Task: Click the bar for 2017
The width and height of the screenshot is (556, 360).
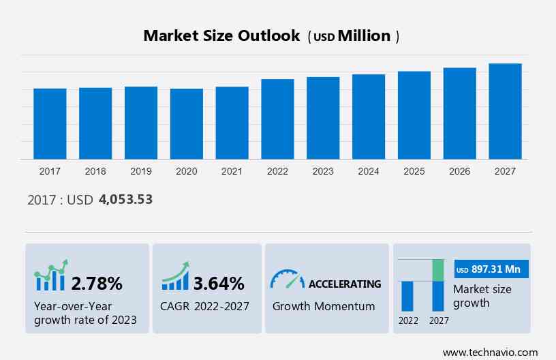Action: pos(50,123)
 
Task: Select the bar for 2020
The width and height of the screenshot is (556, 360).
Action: pos(187,123)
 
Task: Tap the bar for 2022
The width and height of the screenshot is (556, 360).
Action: pos(277,119)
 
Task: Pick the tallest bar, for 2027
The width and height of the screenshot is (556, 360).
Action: pos(505,111)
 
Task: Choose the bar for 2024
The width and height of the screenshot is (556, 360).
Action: pos(369,117)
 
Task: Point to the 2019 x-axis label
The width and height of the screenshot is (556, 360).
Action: pos(141,171)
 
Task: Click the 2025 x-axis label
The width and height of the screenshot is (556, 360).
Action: pos(414,171)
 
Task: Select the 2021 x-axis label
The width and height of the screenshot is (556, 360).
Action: pos(232,171)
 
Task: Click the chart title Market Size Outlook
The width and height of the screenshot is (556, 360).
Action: pos(221,36)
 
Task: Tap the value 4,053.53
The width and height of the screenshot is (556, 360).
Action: pos(125,200)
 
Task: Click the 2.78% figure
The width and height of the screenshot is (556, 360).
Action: pos(97,283)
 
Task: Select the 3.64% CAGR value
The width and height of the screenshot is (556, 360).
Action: pos(219,283)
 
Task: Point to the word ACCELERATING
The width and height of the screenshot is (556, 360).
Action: pos(345,284)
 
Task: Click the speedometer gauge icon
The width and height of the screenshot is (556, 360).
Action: pos(287,280)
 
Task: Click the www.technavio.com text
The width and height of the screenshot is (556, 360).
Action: pos(490,352)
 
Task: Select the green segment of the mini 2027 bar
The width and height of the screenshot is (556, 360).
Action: pos(438,270)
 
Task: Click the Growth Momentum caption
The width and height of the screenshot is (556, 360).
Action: pos(324,306)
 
